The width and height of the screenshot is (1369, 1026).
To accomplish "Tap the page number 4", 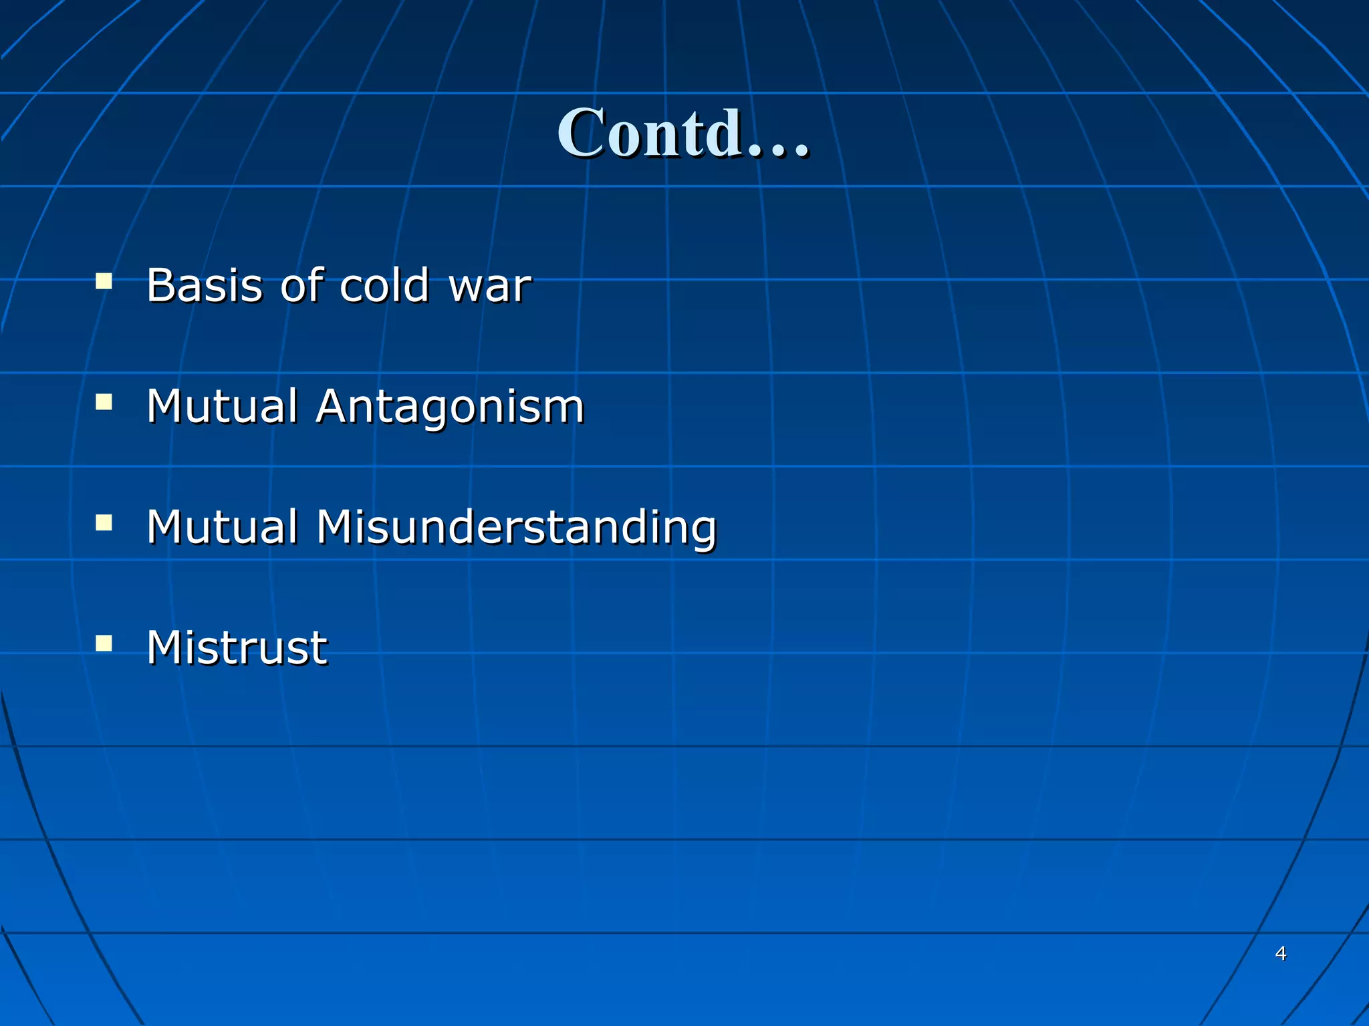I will pyautogui.click(x=1281, y=953).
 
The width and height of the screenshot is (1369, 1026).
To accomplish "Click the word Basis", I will pyautogui.click(x=204, y=285).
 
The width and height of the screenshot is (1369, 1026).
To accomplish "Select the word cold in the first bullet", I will pyautogui.click(x=384, y=285).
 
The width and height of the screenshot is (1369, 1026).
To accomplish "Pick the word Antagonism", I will pyautogui.click(x=450, y=407).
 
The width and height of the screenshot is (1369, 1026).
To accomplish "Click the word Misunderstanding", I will pyautogui.click(x=516, y=528).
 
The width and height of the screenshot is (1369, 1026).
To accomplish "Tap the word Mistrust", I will pyautogui.click(x=237, y=648).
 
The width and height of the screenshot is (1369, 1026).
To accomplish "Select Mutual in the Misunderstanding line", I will pyautogui.click(x=222, y=527).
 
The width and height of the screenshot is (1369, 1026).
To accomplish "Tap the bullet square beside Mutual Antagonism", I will pyautogui.click(x=104, y=401).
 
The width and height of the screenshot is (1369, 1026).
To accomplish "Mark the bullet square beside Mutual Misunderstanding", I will pyautogui.click(x=104, y=522).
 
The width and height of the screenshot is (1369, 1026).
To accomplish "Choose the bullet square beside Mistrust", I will pyautogui.click(x=104, y=643).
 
